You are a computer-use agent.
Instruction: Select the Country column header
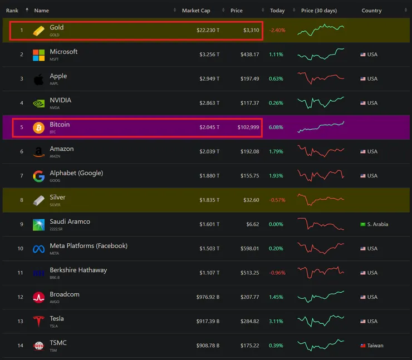[x=371, y=11]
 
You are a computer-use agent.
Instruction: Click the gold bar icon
[x=38, y=30]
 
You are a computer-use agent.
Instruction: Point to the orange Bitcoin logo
[x=38, y=127]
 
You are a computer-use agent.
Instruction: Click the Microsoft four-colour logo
[x=38, y=55]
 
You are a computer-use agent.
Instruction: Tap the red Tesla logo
[x=38, y=322]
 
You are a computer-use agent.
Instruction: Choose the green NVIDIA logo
[x=38, y=103]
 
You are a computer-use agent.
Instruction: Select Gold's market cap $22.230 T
[x=208, y=30]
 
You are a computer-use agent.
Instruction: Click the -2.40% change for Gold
[x=277, y=30]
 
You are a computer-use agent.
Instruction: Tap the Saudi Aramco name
[x=70, y=221]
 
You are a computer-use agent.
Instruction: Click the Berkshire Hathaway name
[x=78, y=270]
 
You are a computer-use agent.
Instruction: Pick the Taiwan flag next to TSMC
[x=363, y=346]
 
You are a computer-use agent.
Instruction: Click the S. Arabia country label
[x=377, y=224]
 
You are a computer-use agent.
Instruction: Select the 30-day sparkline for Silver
[x=321, y=199]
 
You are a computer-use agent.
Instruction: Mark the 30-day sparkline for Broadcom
[x=321, y=297]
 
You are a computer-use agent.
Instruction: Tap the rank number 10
[x=21, y=249]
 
